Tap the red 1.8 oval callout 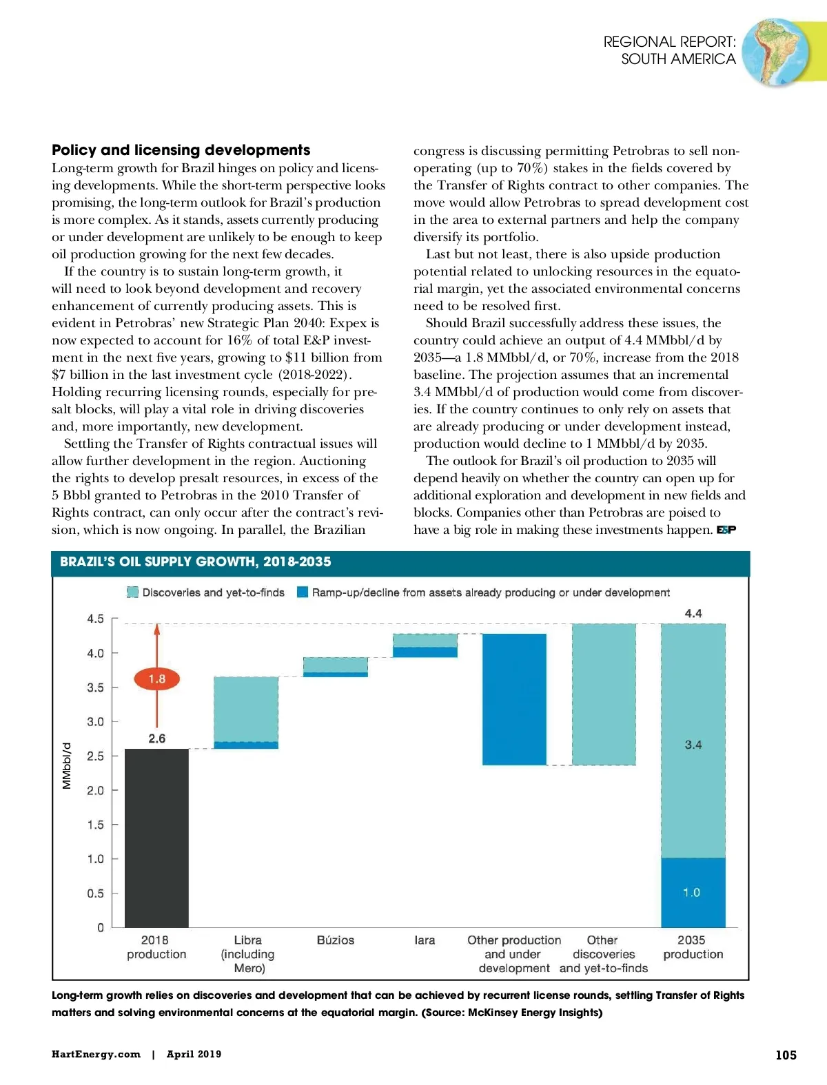tap(156, 679)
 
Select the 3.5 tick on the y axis tap(96, 688)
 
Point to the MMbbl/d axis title tap(67, 765)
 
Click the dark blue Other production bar tap(514, 699)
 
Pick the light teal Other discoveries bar tap(604, 694)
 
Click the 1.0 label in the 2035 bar tap(691, 892)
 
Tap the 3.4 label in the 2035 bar tap(693, 745)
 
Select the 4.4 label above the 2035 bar tap(693, 613)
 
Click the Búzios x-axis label tap(336, 940)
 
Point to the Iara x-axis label tap(425, 940)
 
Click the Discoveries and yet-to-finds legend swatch tap(133, 592)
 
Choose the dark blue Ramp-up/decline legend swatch tap(302, 592)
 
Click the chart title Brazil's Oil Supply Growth tap(195, 561)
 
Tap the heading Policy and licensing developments tap(181, 150)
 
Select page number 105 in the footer tap(786, 1055)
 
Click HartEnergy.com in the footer tap(96, 1054)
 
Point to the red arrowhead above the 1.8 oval tap(157, 629)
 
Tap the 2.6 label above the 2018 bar tap(157, 738)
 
